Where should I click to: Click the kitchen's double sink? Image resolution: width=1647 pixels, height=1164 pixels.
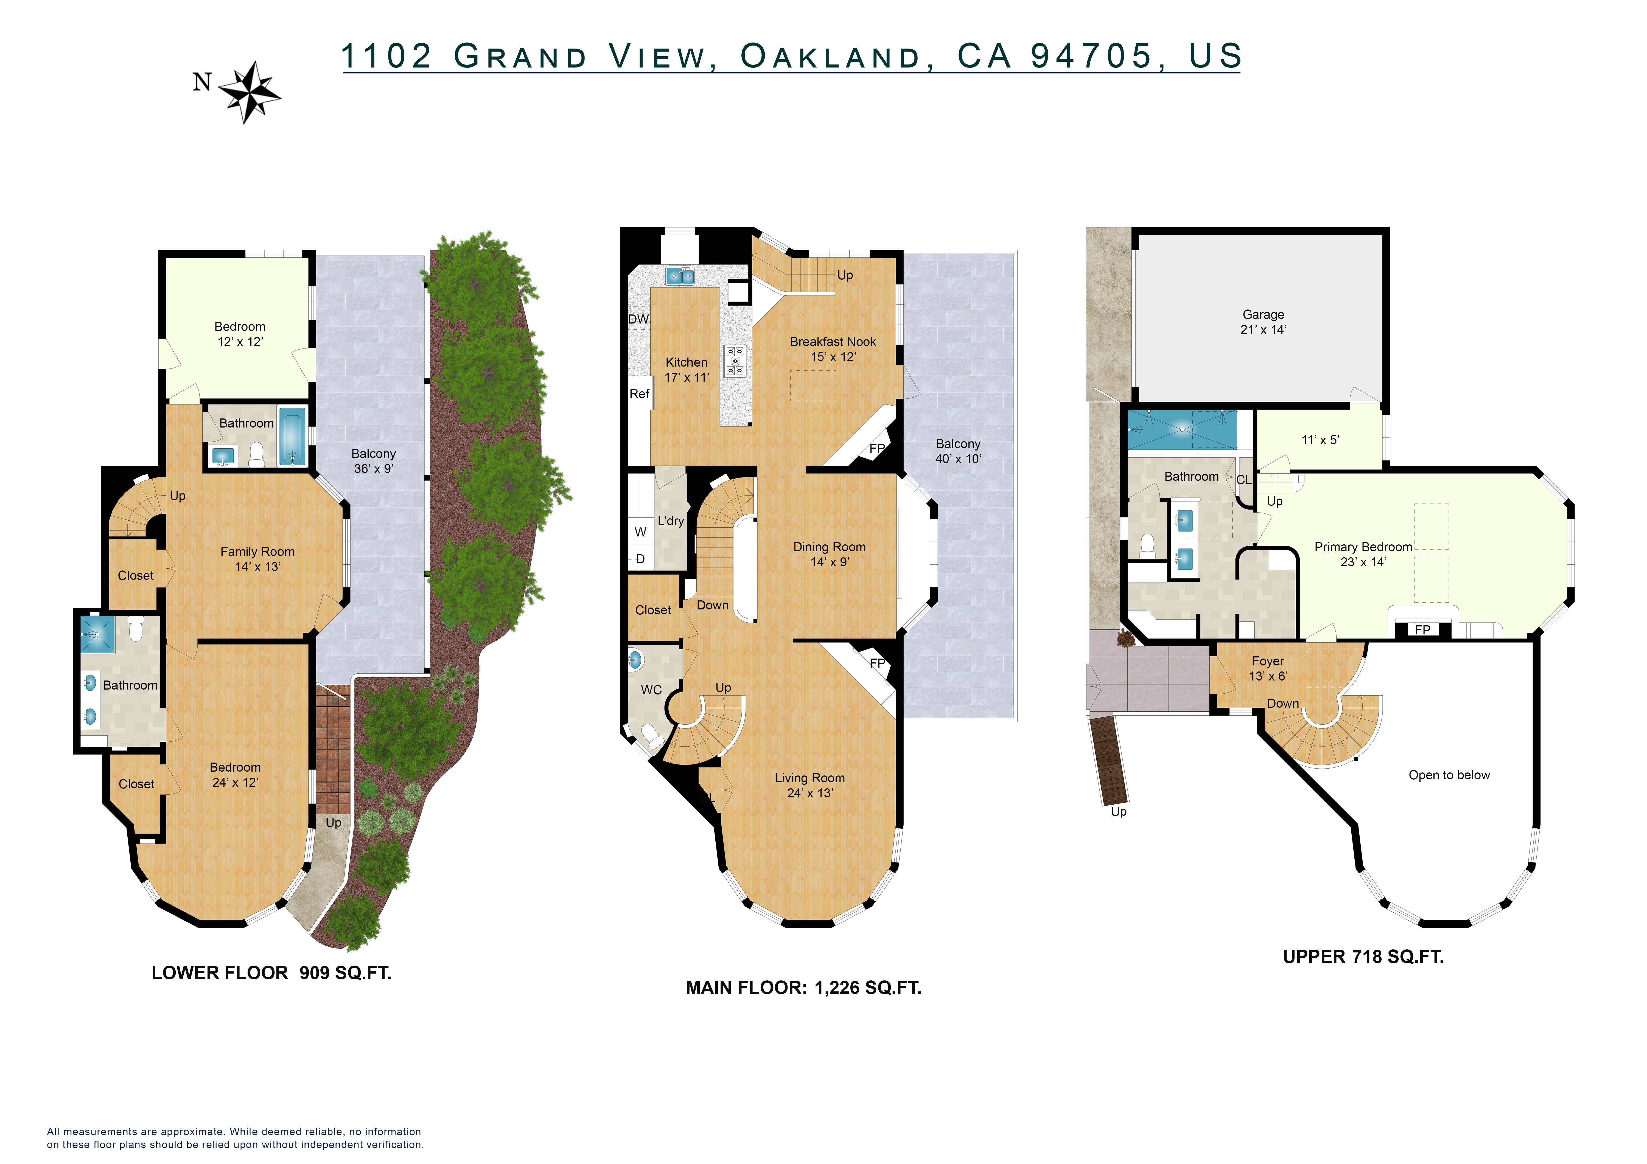click(x=679, y=275)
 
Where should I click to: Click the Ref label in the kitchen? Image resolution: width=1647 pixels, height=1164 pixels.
click(x=639, y=394)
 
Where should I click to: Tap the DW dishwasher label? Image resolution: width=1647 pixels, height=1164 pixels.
click(x=638, y=319)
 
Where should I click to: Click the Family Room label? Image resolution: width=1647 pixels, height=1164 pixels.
click(x=257, y=552)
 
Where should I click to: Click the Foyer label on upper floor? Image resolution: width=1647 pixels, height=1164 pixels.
click(x=1268, y=661)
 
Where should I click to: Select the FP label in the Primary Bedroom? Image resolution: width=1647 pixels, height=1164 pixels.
click(x=1422, y=630)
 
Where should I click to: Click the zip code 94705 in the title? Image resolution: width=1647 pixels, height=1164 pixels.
click(x=1091, y=56)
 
